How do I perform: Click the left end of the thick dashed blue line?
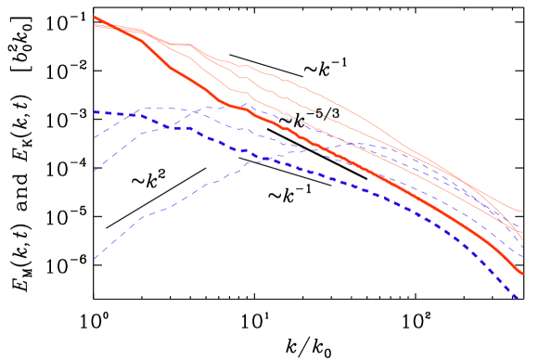[x=94, y=112]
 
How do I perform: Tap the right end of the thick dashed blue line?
[x=519, y=299]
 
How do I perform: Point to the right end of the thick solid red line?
[x=523, y=275]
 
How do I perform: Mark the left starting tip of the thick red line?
[x=94, y=17]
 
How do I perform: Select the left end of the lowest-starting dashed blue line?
[x=94, y=259]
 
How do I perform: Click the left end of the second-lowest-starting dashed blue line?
[x=94, y=171]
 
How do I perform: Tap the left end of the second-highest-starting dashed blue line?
[x=94, y=138]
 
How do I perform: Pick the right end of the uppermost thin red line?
[x=523, y=212]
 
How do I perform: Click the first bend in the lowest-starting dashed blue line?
[x=141, y=217]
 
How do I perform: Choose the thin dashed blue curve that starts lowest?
[x=186, y=198]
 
